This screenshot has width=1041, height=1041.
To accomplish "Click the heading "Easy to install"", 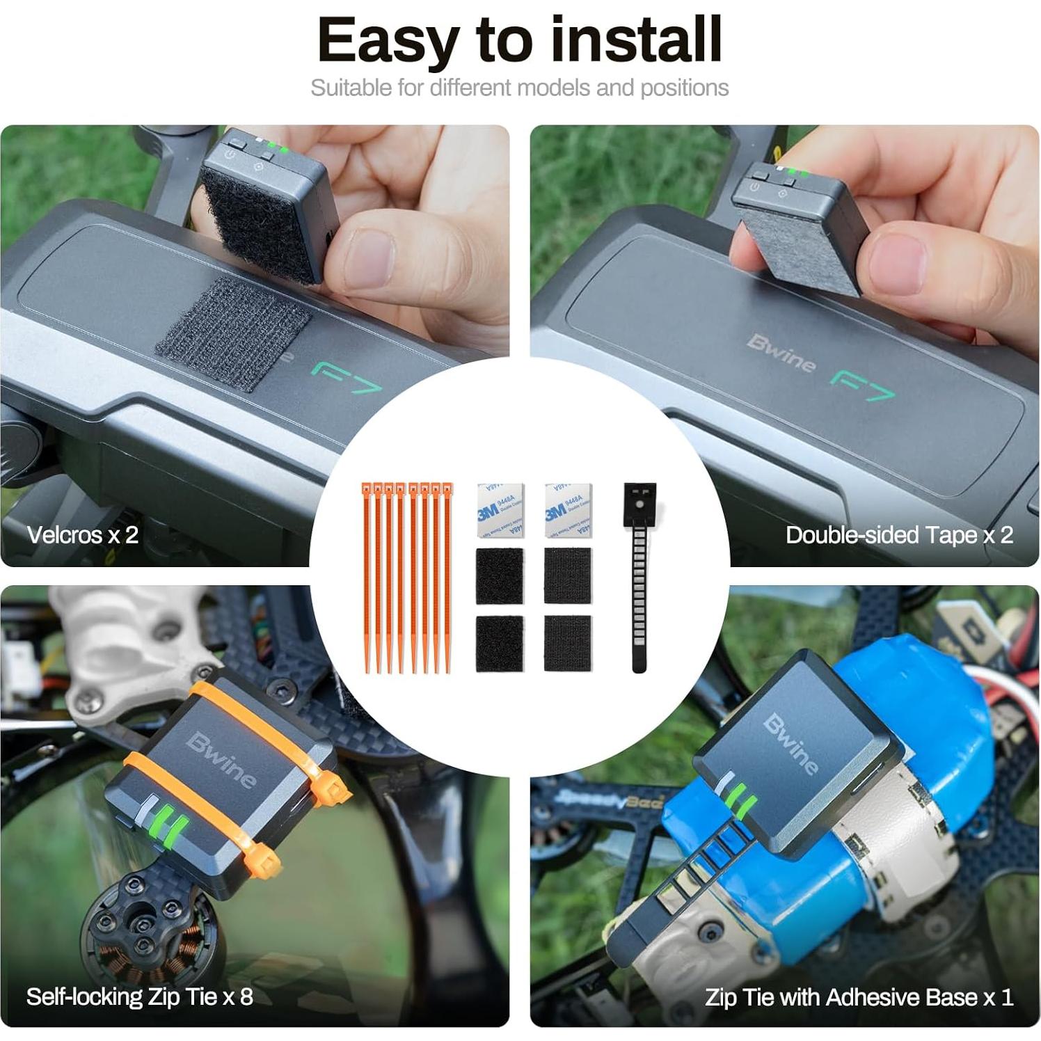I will click(520, 40).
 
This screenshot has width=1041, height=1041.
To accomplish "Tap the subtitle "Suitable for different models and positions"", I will click(520, 88).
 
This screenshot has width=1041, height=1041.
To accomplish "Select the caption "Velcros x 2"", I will click(83, 534).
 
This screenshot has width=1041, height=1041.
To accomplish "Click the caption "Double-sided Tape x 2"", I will click(899, 534).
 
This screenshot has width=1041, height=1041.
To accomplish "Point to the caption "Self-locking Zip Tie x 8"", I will click(140, 996).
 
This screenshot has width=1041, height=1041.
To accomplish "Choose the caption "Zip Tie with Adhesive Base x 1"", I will click(859, 997).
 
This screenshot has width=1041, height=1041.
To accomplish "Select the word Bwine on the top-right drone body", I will click(781, 353).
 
